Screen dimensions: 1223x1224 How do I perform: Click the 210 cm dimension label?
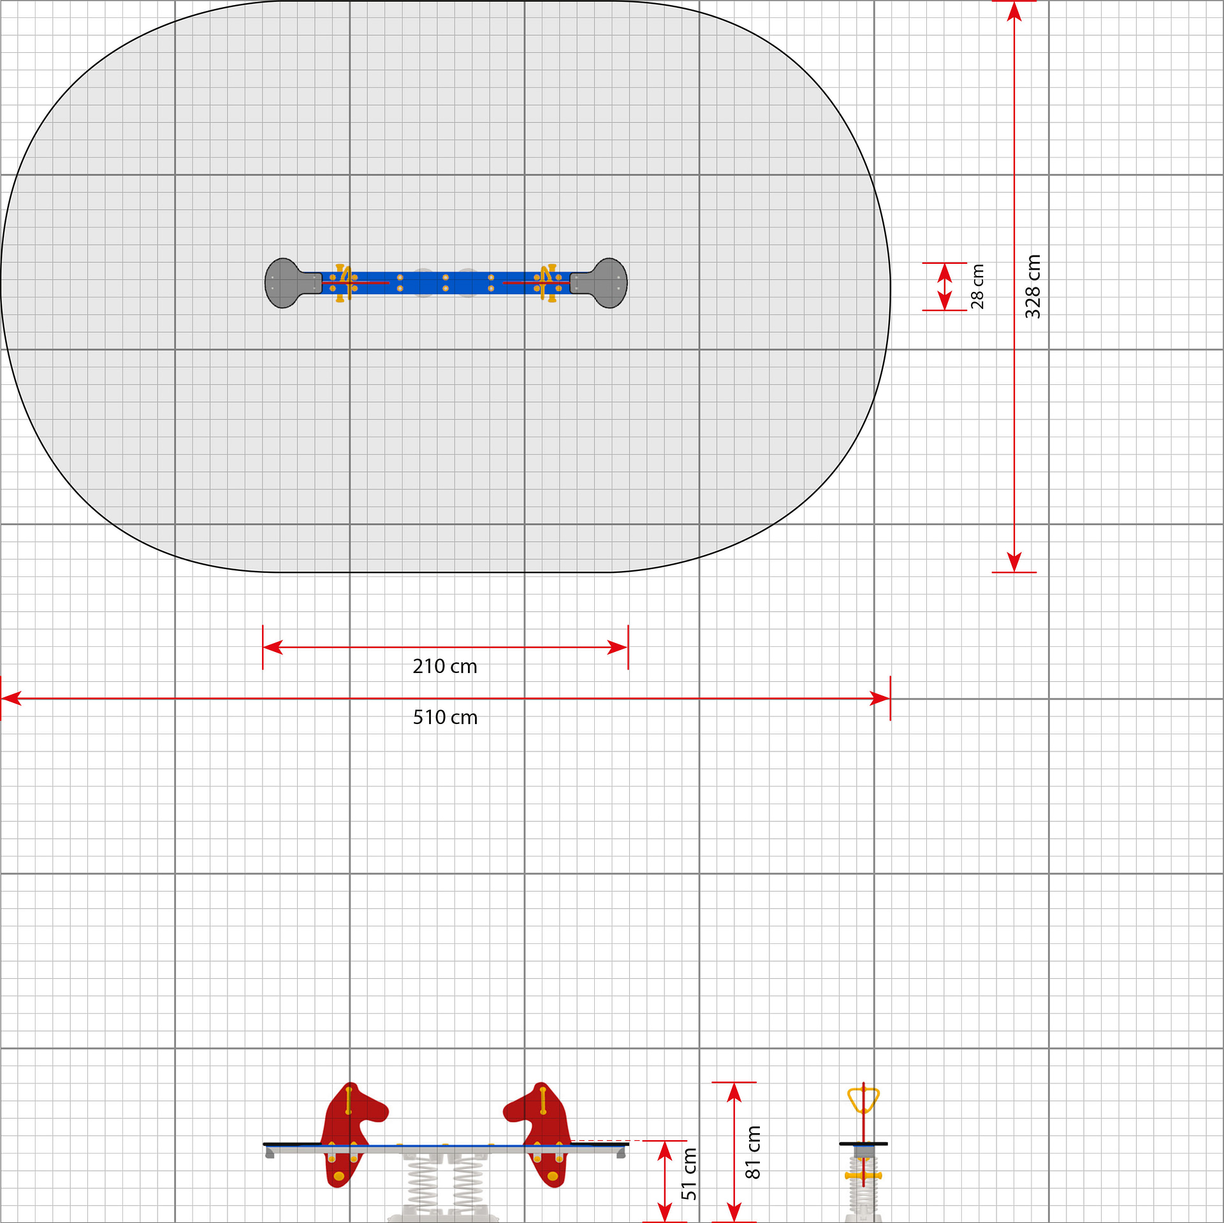[x=445, y=667]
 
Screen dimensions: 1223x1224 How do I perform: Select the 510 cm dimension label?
[x=445, y=718]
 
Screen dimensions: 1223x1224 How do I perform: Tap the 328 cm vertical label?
[x=1033, y=287]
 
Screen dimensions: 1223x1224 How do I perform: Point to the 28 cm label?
[x=977, y=287]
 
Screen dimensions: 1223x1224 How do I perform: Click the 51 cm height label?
[x=689, y=1174]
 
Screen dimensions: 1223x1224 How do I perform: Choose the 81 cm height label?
[x=753, y=1152]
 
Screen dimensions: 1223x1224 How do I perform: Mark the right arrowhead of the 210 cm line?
[x=618, y=648]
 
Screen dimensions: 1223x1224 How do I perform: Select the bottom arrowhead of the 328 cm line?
[x=1014, y=562]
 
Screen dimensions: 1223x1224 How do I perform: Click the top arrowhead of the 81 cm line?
[x=734, y=1092]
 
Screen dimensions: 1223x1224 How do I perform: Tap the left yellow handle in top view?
[x=342, y=282]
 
